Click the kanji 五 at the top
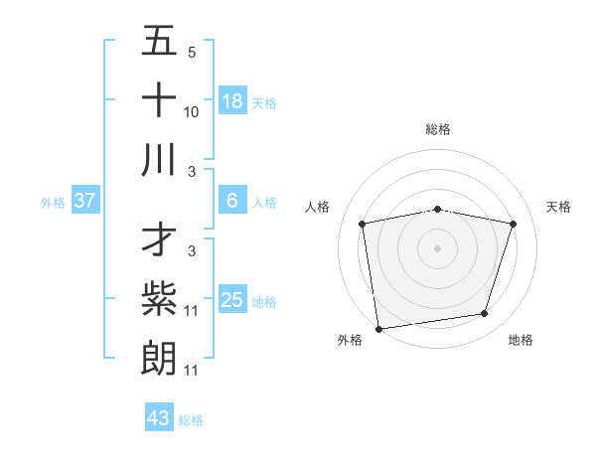tap(160, 43)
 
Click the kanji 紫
tap(160, 299)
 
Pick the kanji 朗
tap(160, 357)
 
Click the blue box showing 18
tap(231, 101)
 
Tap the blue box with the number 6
tap(231, 201)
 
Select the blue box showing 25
tap(231, 300)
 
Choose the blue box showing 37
tap(85, 201)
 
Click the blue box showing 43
tap(159, 418)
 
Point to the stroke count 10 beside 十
tap(192, 112)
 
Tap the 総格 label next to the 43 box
tap(191, 420)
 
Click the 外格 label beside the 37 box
tap(53, 203)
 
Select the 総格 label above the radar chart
tap(438, 129)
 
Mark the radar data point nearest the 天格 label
tap(514, 225)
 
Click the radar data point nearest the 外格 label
tap(378, 328)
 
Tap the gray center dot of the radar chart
tap(438, 248)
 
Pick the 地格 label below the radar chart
tap(521, 340)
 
